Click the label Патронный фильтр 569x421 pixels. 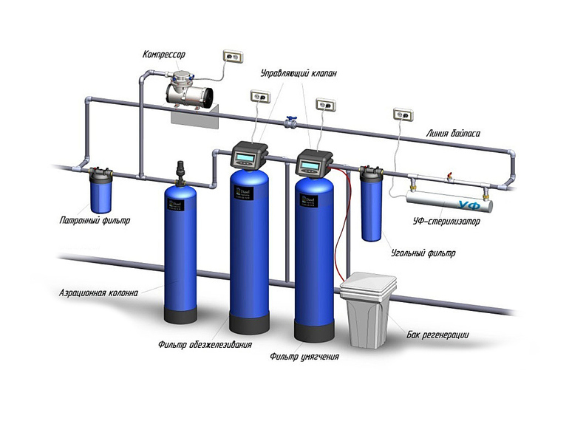point(94,221)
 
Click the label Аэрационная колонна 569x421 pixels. point(99,292)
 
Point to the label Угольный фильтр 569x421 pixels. point(423,253)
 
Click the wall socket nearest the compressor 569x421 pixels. point(234,56)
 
